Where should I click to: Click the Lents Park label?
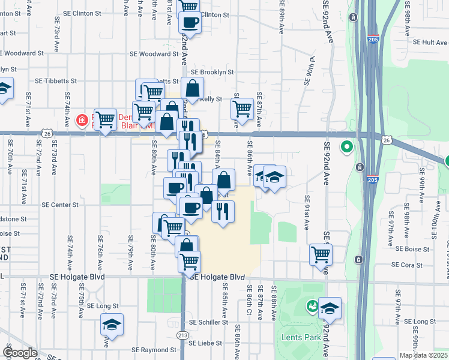point(301,337)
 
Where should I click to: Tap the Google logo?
point(20,353)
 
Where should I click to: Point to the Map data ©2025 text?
point(424,355)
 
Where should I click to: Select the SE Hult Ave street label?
point(430,42)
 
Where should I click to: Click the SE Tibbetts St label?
point(56,80)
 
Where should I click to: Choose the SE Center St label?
point(60,205)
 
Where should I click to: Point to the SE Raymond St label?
point(154,350)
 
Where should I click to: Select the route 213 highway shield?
point(181,334)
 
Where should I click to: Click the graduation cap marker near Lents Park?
point(330,308)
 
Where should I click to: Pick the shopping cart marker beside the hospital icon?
point(105,119)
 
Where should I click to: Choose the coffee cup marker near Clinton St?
point(190,22)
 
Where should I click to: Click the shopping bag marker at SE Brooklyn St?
point(192,88)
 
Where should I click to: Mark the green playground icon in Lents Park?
point(312,306)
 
